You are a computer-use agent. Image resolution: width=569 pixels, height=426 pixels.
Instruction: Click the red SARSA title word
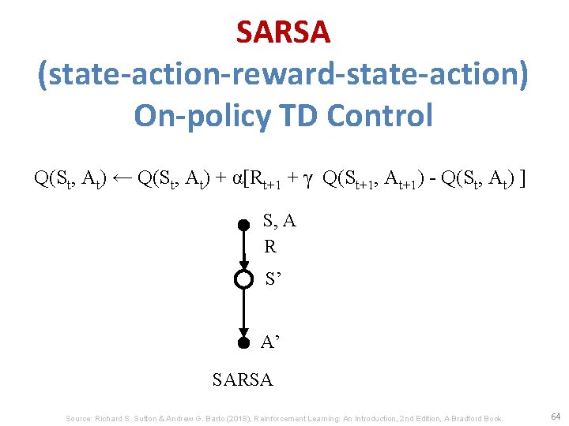(x=283, y=32)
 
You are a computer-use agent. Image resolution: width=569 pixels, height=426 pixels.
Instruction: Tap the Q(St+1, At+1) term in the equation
(x=372, y=179)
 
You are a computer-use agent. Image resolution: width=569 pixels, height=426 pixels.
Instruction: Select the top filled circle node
(x=244, y=225)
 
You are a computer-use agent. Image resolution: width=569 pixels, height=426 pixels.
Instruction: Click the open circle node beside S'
(x=244, y=279)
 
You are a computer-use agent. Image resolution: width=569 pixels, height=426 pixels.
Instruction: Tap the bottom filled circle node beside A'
(x=244, y=342)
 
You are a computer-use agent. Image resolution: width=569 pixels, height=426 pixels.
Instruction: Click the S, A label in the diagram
(x=279, y=222)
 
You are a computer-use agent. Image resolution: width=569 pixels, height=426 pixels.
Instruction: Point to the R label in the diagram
(x=270, y=247)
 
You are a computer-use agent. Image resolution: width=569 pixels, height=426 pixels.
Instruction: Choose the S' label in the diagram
(x=274, y=279)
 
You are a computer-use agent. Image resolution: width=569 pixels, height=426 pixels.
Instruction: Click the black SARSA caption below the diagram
(x=243, y=380)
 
